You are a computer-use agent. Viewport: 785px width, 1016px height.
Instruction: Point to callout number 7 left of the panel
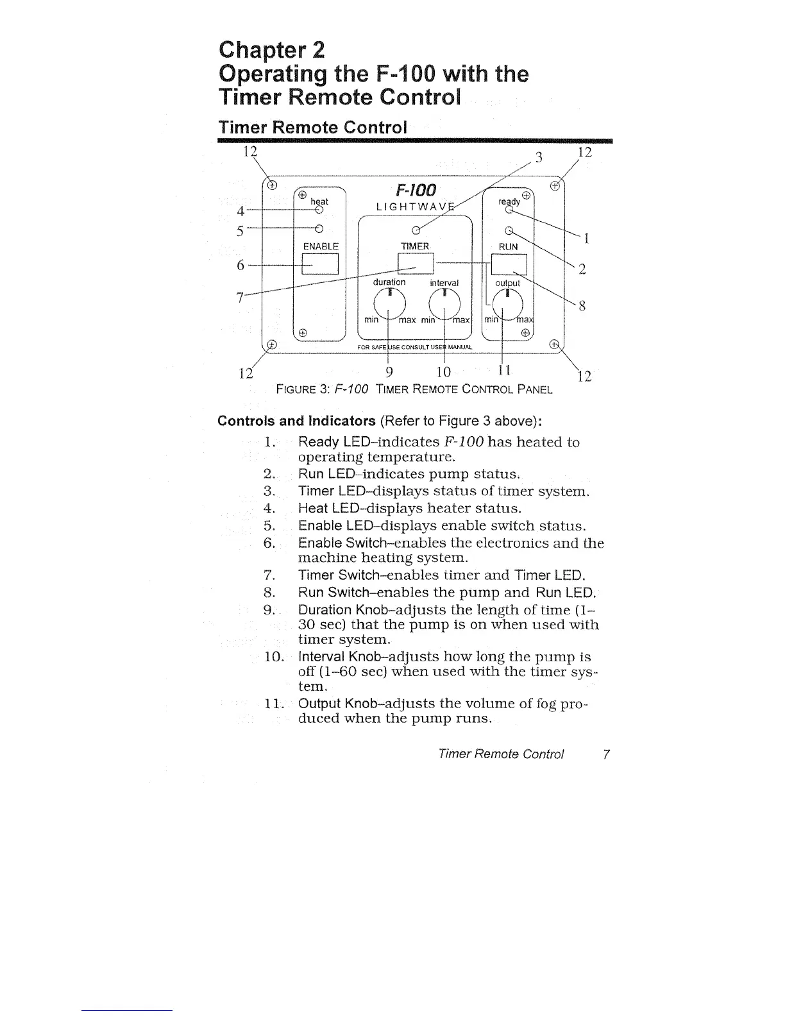click(x=240, y=298)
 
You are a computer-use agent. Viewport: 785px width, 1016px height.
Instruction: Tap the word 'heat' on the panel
click(x=319, y=201)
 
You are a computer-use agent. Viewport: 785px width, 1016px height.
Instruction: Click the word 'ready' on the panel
click(x=509, y=201)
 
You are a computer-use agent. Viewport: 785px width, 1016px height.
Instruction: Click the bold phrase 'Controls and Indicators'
click(x=296, y=421)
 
